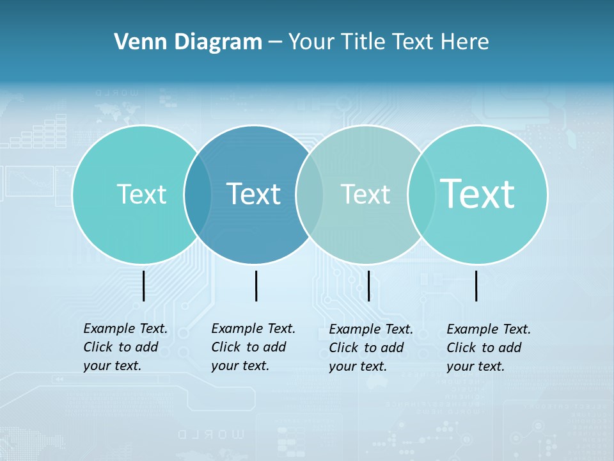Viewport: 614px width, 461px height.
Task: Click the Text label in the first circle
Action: (141, 194)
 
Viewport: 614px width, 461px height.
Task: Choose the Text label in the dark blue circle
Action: (254, 194)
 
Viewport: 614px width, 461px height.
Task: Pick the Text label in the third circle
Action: (365, 194)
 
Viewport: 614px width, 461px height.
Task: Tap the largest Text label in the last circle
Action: (478, 193)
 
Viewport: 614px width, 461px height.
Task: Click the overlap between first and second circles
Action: (198, 195)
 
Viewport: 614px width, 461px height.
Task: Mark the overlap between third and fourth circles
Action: (421, 195)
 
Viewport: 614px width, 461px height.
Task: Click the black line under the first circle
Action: (143, 286)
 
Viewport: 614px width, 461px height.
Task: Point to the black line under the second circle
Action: (256, 286)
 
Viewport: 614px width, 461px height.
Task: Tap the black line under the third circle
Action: (368, 286)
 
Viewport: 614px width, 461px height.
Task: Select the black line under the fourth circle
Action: (476, 286)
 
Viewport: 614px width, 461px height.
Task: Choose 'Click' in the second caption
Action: (226, 347)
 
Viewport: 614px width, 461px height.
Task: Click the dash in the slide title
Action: (275, 43)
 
